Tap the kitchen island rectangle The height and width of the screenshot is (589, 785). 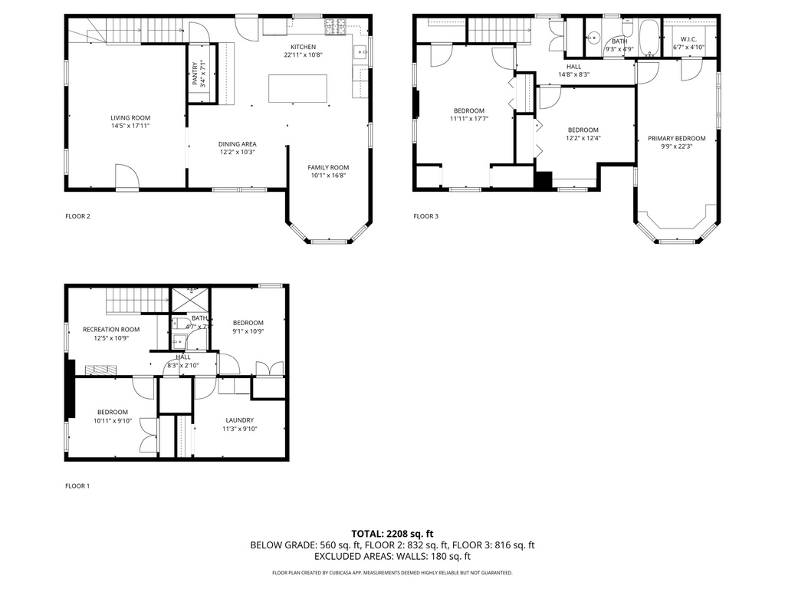click(297, 88)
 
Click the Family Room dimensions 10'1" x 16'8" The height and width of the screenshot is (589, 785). click(328, 176)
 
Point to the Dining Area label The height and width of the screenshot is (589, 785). click(237, 143)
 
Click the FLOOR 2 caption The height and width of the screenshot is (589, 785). click(77, 216)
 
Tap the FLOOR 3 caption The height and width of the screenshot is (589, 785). click(425, 216)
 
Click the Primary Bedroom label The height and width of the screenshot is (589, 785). click(676, 138)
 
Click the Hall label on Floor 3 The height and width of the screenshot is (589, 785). click(573, 67)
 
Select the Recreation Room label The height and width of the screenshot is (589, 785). click(111, 329)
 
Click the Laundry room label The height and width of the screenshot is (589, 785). click(239, 420)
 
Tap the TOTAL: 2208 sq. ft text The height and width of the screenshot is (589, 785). click(392, 533)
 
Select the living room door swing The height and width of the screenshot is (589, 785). click(127, 177)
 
